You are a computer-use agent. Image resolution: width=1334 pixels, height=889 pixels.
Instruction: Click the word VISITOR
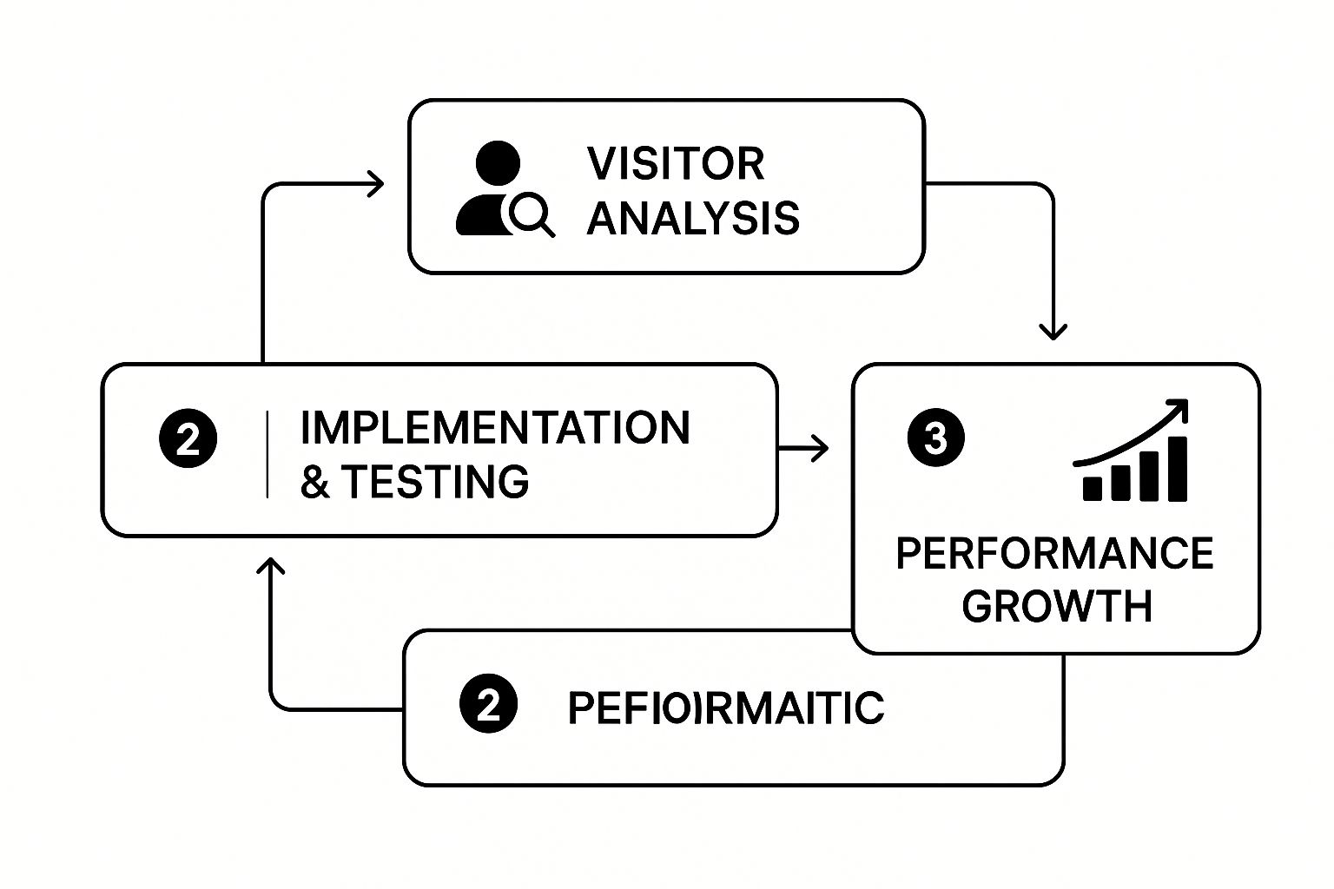tap(676, 163)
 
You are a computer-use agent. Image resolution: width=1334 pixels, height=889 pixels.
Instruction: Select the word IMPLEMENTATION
tap(495, 428)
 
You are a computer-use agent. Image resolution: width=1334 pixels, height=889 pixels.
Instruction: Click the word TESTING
tap(434, 482)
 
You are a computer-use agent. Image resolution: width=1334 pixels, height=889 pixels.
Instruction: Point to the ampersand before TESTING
tap(314, 483)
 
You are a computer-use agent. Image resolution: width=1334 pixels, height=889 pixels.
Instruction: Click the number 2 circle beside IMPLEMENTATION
tap(188, 439)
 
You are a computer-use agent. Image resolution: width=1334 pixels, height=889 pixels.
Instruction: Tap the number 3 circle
tap(935, 438)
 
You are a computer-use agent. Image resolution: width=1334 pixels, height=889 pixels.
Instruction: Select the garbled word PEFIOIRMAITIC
tap(725, 708)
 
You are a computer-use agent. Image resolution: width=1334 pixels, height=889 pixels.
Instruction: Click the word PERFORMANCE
tap(1054, 553)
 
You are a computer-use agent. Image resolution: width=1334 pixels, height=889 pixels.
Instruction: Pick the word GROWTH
tap(1057, 605)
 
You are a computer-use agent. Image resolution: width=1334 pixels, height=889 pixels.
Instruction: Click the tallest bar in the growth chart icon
tap(1178, 469)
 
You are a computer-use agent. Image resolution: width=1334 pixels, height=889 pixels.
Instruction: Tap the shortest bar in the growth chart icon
tap(1092, 488)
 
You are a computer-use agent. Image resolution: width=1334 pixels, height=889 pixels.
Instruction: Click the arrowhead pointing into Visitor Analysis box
tap(376, 184)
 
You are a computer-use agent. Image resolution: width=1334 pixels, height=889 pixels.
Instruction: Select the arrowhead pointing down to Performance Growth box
tap(1053, 332)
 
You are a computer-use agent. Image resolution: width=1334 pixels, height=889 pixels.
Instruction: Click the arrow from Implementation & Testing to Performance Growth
tap(803, 448)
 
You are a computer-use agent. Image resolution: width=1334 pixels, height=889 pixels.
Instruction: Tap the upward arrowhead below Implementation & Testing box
tap(271, 566)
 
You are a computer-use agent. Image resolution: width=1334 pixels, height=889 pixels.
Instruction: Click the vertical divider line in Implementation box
tap(267, 455)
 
